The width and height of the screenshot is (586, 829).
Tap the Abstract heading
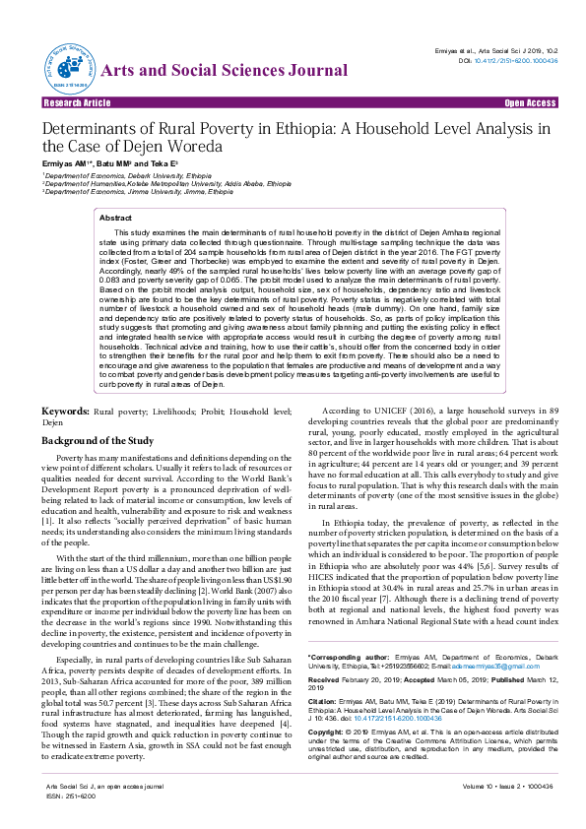(x=116, y=218)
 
